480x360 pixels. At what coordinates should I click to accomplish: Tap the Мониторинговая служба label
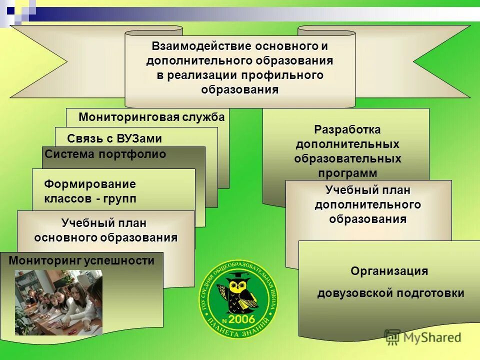pyautogui.click(x=151, y=117)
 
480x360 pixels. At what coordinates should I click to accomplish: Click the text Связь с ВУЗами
pyautogui.click(x=114, y=138)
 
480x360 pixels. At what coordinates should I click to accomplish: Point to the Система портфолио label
pyautogui.click(x=105, y=154)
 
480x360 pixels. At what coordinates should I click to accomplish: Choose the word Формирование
pyautogui.click(x=90, y=184)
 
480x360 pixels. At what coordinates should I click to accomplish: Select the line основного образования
pyautogui.click(x=105, y=237)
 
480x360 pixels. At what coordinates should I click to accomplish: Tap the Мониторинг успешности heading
pyautogui.click(x=81, y=260)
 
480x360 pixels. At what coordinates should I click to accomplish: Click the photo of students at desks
pyautogui.click(x=58, y=302)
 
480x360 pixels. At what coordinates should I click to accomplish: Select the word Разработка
pyautogui.click(x=347, y=129)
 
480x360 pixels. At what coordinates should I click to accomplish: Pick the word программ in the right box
pyautogui.click(x=347, y=173)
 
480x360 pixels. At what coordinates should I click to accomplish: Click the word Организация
pyautogui.click(x=389, y=271)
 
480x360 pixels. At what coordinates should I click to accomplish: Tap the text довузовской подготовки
pyautogui.click(x=390, y=293)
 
